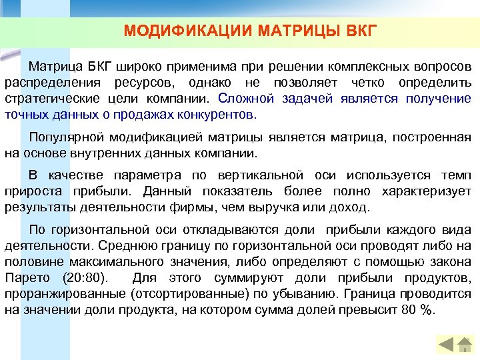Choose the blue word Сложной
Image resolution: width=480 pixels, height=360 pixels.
tap(245, 99)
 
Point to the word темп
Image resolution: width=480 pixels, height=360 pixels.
tap(455, 176)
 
